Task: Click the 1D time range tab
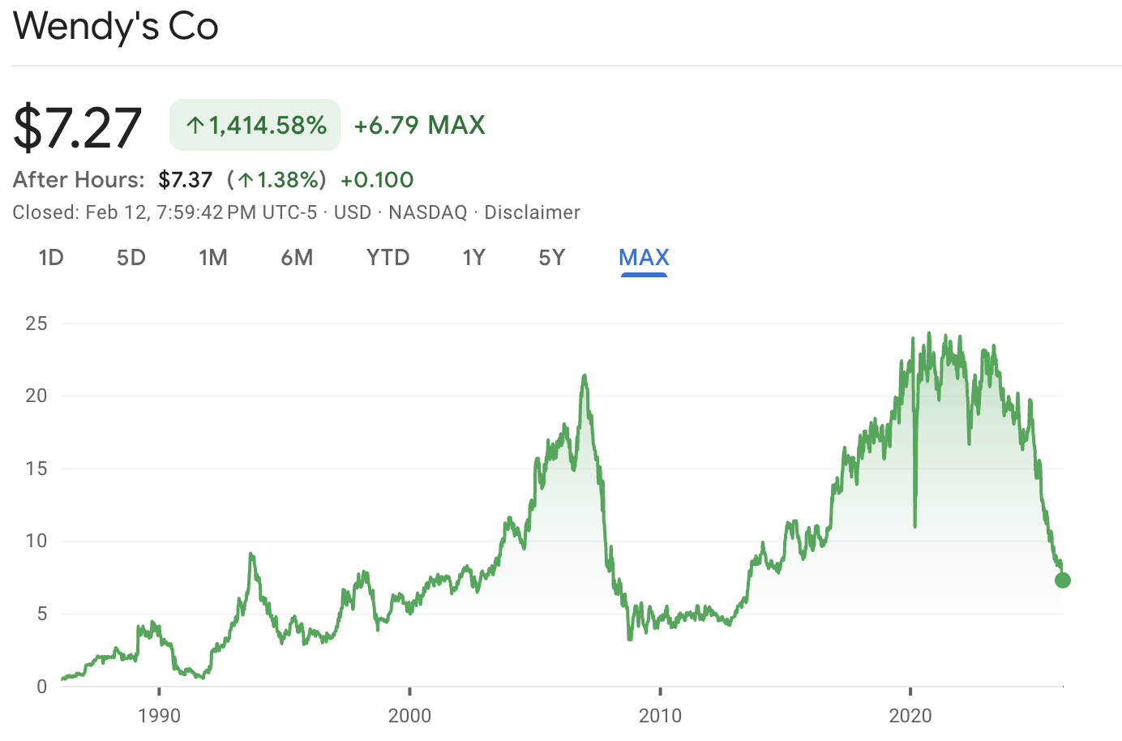(x=51, y=258)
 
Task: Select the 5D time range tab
(x=131, y=258)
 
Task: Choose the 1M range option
(x=213, y=258)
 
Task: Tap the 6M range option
(x=297, y=258)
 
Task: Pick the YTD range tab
(x=388, y=258)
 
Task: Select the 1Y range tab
(x=473, y=258)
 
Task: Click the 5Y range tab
(x=551, y=258)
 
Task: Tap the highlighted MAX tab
(x=644, y=258)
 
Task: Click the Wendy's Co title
(x=116, y=26)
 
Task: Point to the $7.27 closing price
(x=78, y=127)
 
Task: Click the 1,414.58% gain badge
(x=255, y=125)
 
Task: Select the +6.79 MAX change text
(x=420, y=125)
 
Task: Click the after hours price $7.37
(x=186, y=180)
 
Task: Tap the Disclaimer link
(x=532, y=212)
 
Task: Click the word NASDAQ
(x=428, y=212)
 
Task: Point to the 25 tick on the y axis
(x=36, y=323)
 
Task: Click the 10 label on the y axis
(x=36, y=541)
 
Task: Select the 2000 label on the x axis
(x=409, y=716)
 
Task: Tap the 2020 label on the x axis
(x=910, y=716)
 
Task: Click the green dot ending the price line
(x=1063, y=580)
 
